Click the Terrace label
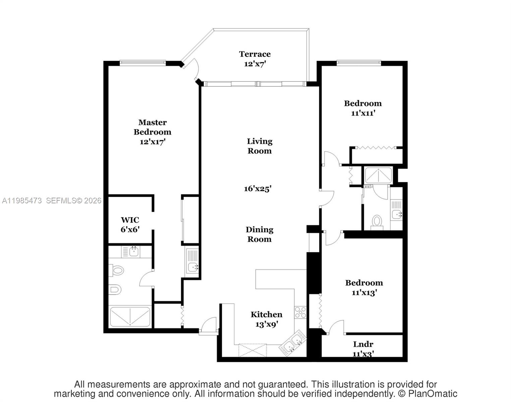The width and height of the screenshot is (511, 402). [255, 54]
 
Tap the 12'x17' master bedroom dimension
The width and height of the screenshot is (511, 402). [153, 142]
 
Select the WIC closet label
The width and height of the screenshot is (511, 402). [130, 220]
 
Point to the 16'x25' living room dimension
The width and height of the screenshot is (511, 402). [257, 189]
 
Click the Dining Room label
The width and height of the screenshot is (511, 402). [259, 234]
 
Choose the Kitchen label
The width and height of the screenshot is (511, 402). [266, 315]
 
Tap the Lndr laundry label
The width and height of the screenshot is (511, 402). [363, 344]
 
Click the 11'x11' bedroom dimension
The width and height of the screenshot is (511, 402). [363, 113]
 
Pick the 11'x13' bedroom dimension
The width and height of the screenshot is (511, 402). [364, 292]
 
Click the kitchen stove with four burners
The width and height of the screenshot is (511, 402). [300, 312]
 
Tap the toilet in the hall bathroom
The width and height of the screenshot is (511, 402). [377, 222]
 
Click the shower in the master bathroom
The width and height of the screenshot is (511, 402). [130, 317]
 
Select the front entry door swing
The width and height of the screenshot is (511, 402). [208, 325]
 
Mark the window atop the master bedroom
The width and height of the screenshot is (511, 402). [143, 62]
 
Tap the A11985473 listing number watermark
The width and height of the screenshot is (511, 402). [22, 201]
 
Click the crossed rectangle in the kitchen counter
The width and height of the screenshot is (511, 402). [252, 350]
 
